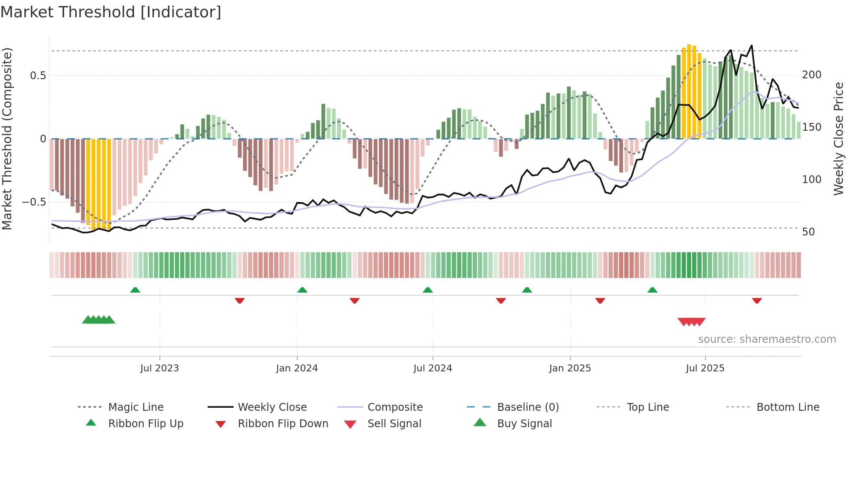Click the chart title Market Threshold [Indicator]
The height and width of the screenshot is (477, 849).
pos(111,12)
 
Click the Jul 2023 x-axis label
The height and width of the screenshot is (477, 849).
pos(159,368)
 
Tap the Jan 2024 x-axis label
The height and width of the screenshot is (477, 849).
pos(297,368)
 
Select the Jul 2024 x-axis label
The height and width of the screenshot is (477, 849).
pos(432,368)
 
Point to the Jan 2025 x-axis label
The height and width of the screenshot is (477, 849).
pos(570,368)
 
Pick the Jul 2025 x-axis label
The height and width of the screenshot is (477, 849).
pos(705,368)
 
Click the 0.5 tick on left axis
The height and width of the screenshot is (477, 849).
pos(38,76)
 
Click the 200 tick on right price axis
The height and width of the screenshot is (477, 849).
pos(811,75)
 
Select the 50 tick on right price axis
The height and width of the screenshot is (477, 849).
pos(808,232)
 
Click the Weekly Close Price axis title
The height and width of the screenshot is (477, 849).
pos(839,139)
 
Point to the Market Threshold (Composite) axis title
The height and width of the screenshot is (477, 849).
pos(7,139)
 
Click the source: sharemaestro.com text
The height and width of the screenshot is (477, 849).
pos(767,339)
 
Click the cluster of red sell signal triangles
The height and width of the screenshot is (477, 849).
pos(691,322)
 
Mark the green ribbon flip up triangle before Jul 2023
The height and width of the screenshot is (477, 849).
pos(135,290)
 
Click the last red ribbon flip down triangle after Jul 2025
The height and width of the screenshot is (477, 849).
pos(757,300)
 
